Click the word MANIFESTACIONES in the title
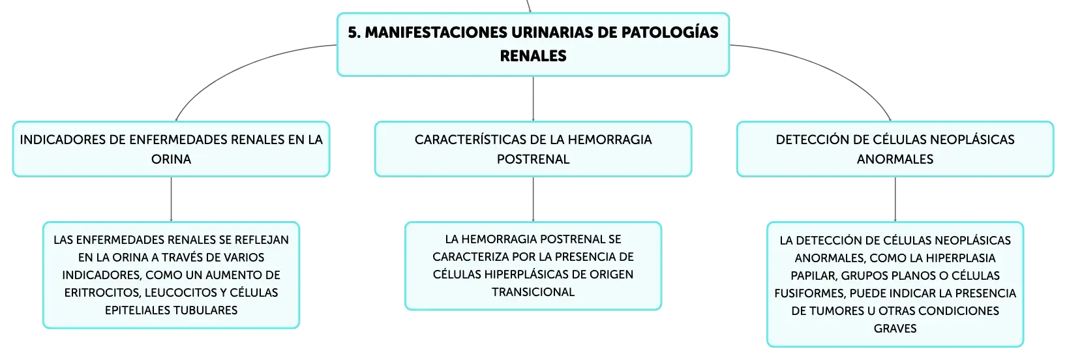[436, 33]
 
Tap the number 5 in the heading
[353, 33]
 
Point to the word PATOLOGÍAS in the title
[669, 32]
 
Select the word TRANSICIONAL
[533, 292]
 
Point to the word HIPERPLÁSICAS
[526, 275]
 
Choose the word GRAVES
[895, 329]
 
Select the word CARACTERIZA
[471, 257]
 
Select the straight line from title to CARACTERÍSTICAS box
[533, 98]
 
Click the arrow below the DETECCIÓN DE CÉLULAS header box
[895, 199]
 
